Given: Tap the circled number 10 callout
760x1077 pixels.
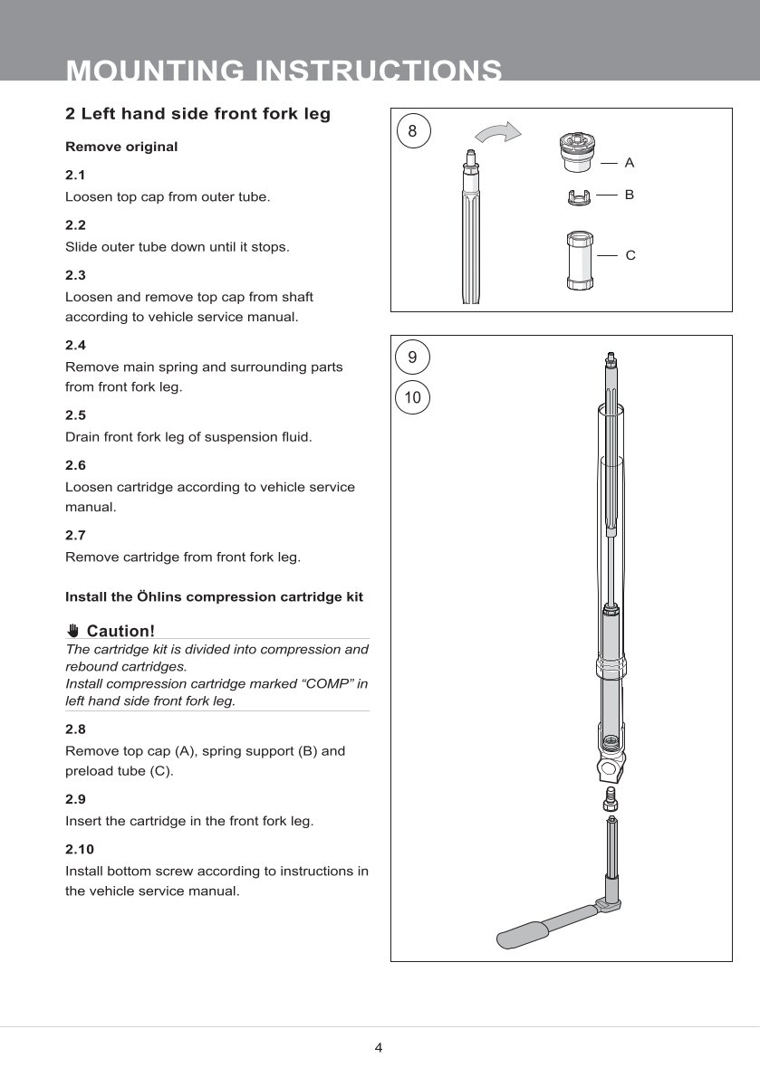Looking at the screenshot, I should [412, 397].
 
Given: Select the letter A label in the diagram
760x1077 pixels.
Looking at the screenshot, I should [630, 163].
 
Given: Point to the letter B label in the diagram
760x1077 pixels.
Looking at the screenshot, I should [630, 195].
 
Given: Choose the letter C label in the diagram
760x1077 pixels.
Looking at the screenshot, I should [630, 256].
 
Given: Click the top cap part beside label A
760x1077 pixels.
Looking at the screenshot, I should [574, 152].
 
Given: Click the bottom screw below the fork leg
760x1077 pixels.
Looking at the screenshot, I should [611, 800].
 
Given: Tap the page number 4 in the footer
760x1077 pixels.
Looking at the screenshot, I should [379, 1048].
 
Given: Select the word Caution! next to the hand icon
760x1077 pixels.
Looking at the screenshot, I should [120, 631].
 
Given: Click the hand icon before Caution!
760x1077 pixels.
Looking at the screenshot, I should [73, 631].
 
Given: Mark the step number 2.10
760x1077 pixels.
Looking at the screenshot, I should [79, 849].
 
